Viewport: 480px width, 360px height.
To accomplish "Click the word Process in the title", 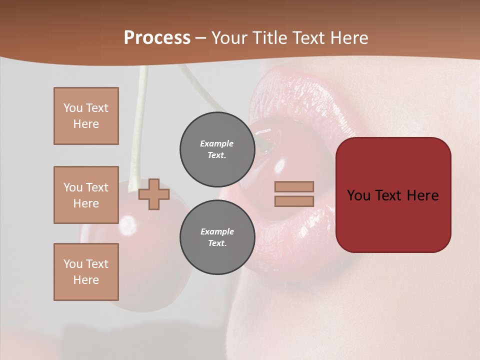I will pyautogui.click(x=157, y=38).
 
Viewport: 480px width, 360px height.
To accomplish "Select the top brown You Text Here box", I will pyautogui.click(x=86, y=116).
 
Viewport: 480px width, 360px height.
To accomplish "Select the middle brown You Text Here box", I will pyautogui.click(x=86, y=195).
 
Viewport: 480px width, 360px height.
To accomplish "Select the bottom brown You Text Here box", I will pyautogui.click(x=86, y=272).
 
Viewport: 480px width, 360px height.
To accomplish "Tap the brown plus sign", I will pyautogui.click(x=154, y=194).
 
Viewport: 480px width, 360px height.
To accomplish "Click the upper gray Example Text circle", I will pyautogui.click(x=217, y=149).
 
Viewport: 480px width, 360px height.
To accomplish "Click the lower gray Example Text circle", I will pyautogui.click(x=217, y=237).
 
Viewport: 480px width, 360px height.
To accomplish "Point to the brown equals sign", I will pyautogui.click(x=294, y=194).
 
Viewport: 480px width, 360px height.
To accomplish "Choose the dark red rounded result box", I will pyautogui.click(x=393, y=195).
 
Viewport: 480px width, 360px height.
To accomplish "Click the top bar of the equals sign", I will pyautogui.click(x=294, y=186).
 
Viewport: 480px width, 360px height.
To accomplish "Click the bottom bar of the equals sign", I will pyautogui.click(x=294, y=201).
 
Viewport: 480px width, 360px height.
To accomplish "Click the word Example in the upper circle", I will pyautogui.click(x=217, y=143).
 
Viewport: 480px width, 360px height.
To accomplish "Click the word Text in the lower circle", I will pyautogui.click(x=217, y=243).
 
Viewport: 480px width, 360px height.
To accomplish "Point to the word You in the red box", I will pyautogui.click(x=359, y=195).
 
